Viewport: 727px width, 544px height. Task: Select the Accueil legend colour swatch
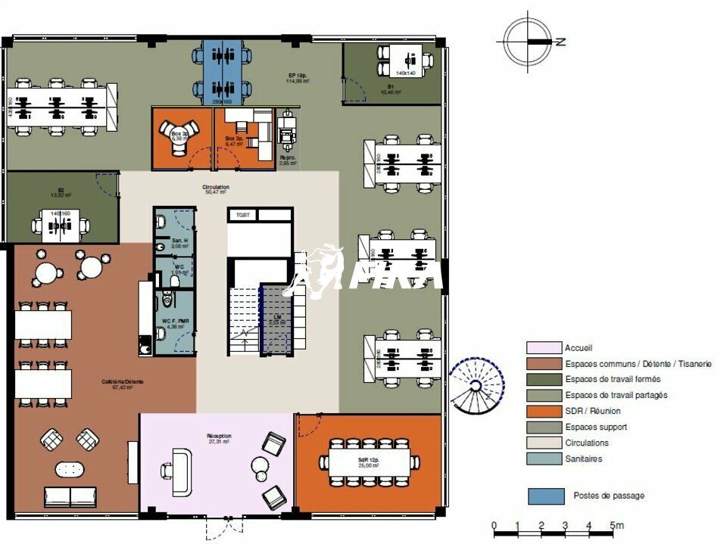(544, 348)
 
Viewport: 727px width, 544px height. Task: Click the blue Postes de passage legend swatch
(546, 496)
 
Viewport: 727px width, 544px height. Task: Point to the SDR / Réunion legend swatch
(544, 411)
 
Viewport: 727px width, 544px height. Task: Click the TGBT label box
(243, 215)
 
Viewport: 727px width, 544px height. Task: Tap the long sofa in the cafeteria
(70, 496)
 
